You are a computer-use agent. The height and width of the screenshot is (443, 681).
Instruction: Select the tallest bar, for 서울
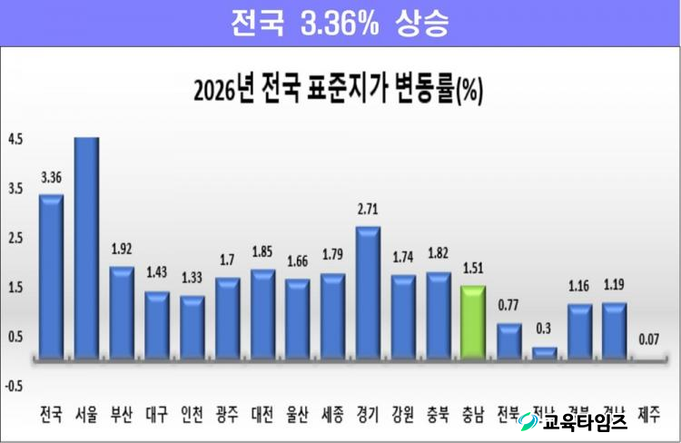pos(86,250)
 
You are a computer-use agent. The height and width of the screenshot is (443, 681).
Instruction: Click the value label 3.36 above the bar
pos(51,178)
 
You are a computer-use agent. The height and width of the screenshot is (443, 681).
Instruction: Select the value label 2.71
pos(368,210)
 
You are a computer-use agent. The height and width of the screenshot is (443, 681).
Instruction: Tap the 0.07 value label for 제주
pos(650,340)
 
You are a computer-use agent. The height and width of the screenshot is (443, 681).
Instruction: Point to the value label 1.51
pos(473,269)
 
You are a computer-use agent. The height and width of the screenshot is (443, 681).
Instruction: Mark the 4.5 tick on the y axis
pos(16,140)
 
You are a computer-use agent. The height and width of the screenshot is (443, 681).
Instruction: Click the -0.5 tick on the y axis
pos(15,385)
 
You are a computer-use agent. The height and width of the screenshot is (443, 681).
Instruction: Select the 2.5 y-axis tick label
pos(16,238)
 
